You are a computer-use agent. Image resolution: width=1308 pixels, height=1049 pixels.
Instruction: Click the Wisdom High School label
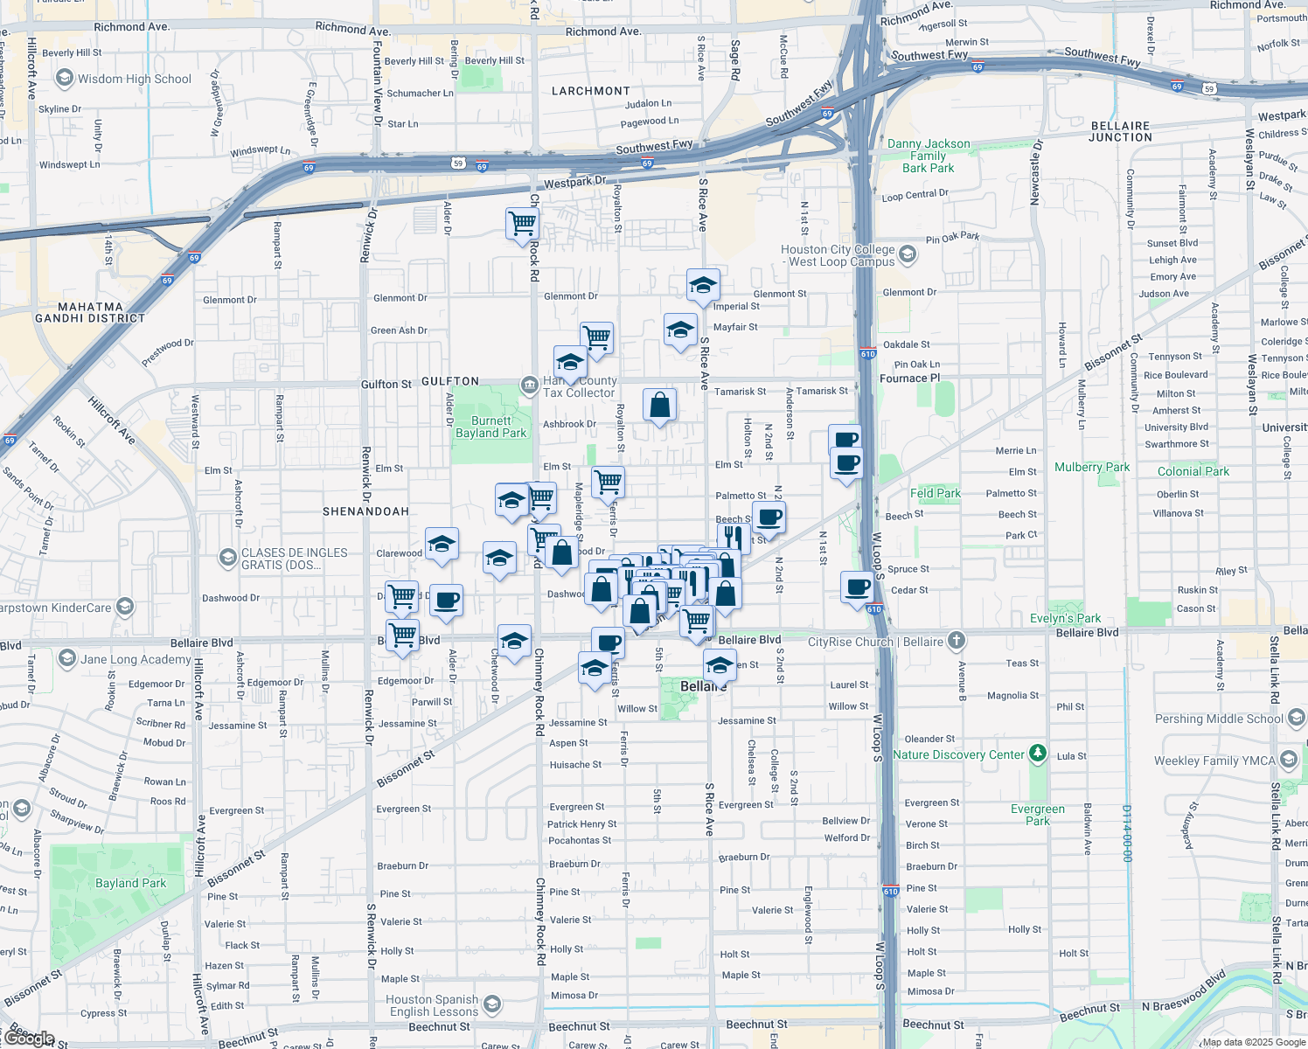pyautogui.click(x=134, y=79)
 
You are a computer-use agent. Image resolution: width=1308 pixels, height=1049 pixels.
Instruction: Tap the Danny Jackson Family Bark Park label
pyautogui.click(x=929, y=156)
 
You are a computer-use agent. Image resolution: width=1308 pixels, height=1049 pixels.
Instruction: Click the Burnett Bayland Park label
pyautogui.click(x=491, y=427)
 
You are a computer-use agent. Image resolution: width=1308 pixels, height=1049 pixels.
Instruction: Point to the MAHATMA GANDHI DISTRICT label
pyautogui.click(x=90, y=312)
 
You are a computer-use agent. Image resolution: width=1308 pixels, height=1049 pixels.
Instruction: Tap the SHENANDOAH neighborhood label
pyautogui.click(x=365, y=511)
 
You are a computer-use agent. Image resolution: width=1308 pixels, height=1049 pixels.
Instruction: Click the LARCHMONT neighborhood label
pyautogui.click(x=591, y=91)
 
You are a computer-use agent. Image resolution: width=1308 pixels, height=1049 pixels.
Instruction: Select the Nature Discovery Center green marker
pyautogui.click(x=1037, y=753)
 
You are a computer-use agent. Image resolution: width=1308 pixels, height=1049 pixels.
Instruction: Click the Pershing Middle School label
pyautogui.click(x=1219, y=719)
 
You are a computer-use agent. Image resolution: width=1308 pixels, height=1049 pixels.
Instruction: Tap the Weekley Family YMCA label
pyautogui.click(x=1214, y=761)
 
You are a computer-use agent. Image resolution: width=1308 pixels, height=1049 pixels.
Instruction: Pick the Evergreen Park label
pyautogui.click(x=1038, y=815)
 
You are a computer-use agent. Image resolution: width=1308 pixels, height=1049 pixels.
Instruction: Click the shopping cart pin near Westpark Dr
pyautogui.click(x=522, y=223)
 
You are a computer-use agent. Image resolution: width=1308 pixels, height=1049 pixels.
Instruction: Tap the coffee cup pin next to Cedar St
pyautogui.click(x=858, y=587)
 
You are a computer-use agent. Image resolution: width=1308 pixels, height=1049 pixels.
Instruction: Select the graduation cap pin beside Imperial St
pyautogui.click(x=703, y=285)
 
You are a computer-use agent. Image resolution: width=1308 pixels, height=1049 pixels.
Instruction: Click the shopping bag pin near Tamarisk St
pyautogui.click(x=659, y=406)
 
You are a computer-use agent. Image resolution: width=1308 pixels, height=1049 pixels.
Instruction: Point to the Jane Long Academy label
pyautogui.click(x=136, y=659)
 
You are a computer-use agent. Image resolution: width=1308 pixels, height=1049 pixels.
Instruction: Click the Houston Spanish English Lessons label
pyautogui.click(x=434, y=1005)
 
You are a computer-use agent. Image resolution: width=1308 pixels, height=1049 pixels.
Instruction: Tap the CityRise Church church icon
pyautogui.click(x=957, y=641)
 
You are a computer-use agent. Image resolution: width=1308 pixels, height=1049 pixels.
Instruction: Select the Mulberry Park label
pyautogui.click(x=1092, y=468)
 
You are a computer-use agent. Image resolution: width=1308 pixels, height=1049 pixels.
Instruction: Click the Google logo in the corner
pyautogui.click(x=29, y=1038)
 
